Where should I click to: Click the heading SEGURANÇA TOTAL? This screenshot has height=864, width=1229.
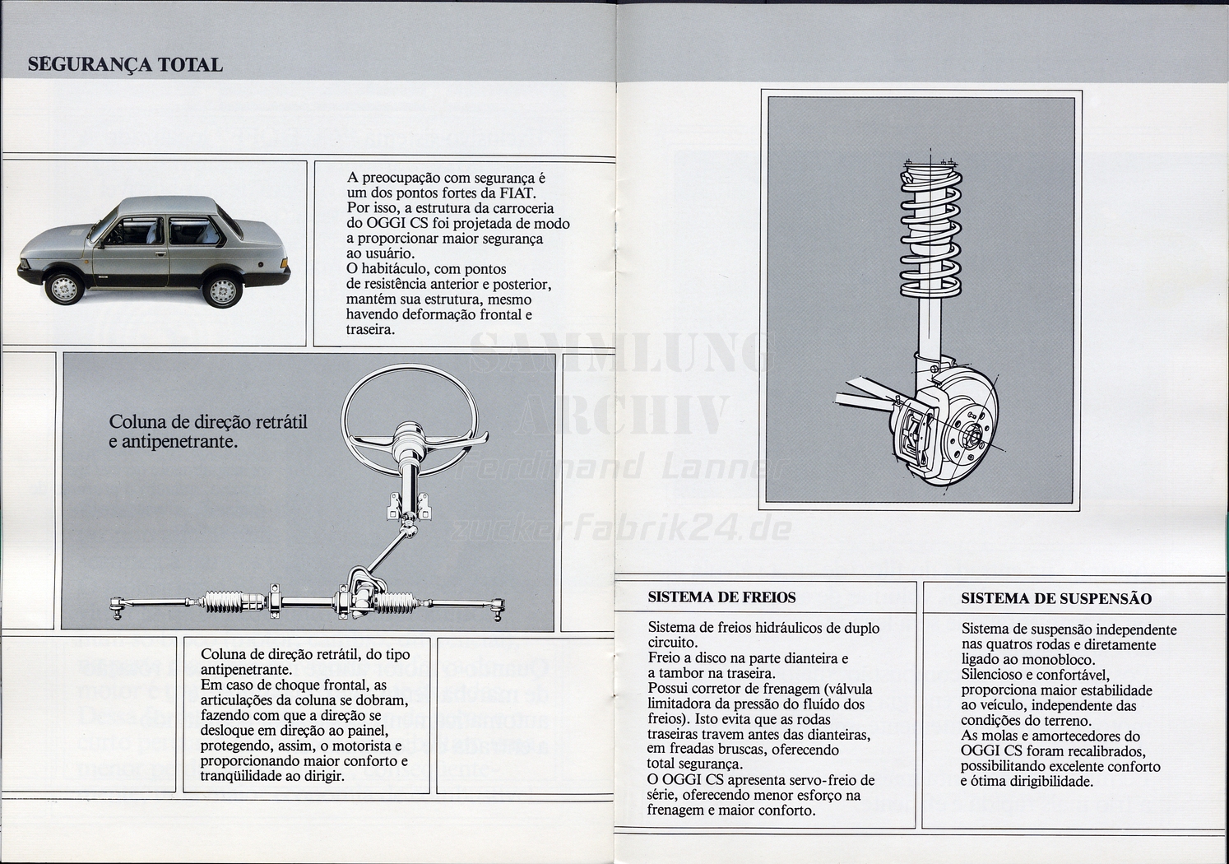[x=125, y=65]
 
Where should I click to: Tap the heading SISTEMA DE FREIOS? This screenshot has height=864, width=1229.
[x=721, y=597]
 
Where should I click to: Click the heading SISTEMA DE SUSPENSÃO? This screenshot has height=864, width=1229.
[x=1056, y=598]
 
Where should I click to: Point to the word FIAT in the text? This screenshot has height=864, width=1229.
[x=517, y=193]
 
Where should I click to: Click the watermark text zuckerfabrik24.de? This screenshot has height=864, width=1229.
[x=621, y=527]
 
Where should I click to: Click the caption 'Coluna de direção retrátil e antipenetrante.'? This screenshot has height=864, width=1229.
[x=208, y=431]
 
